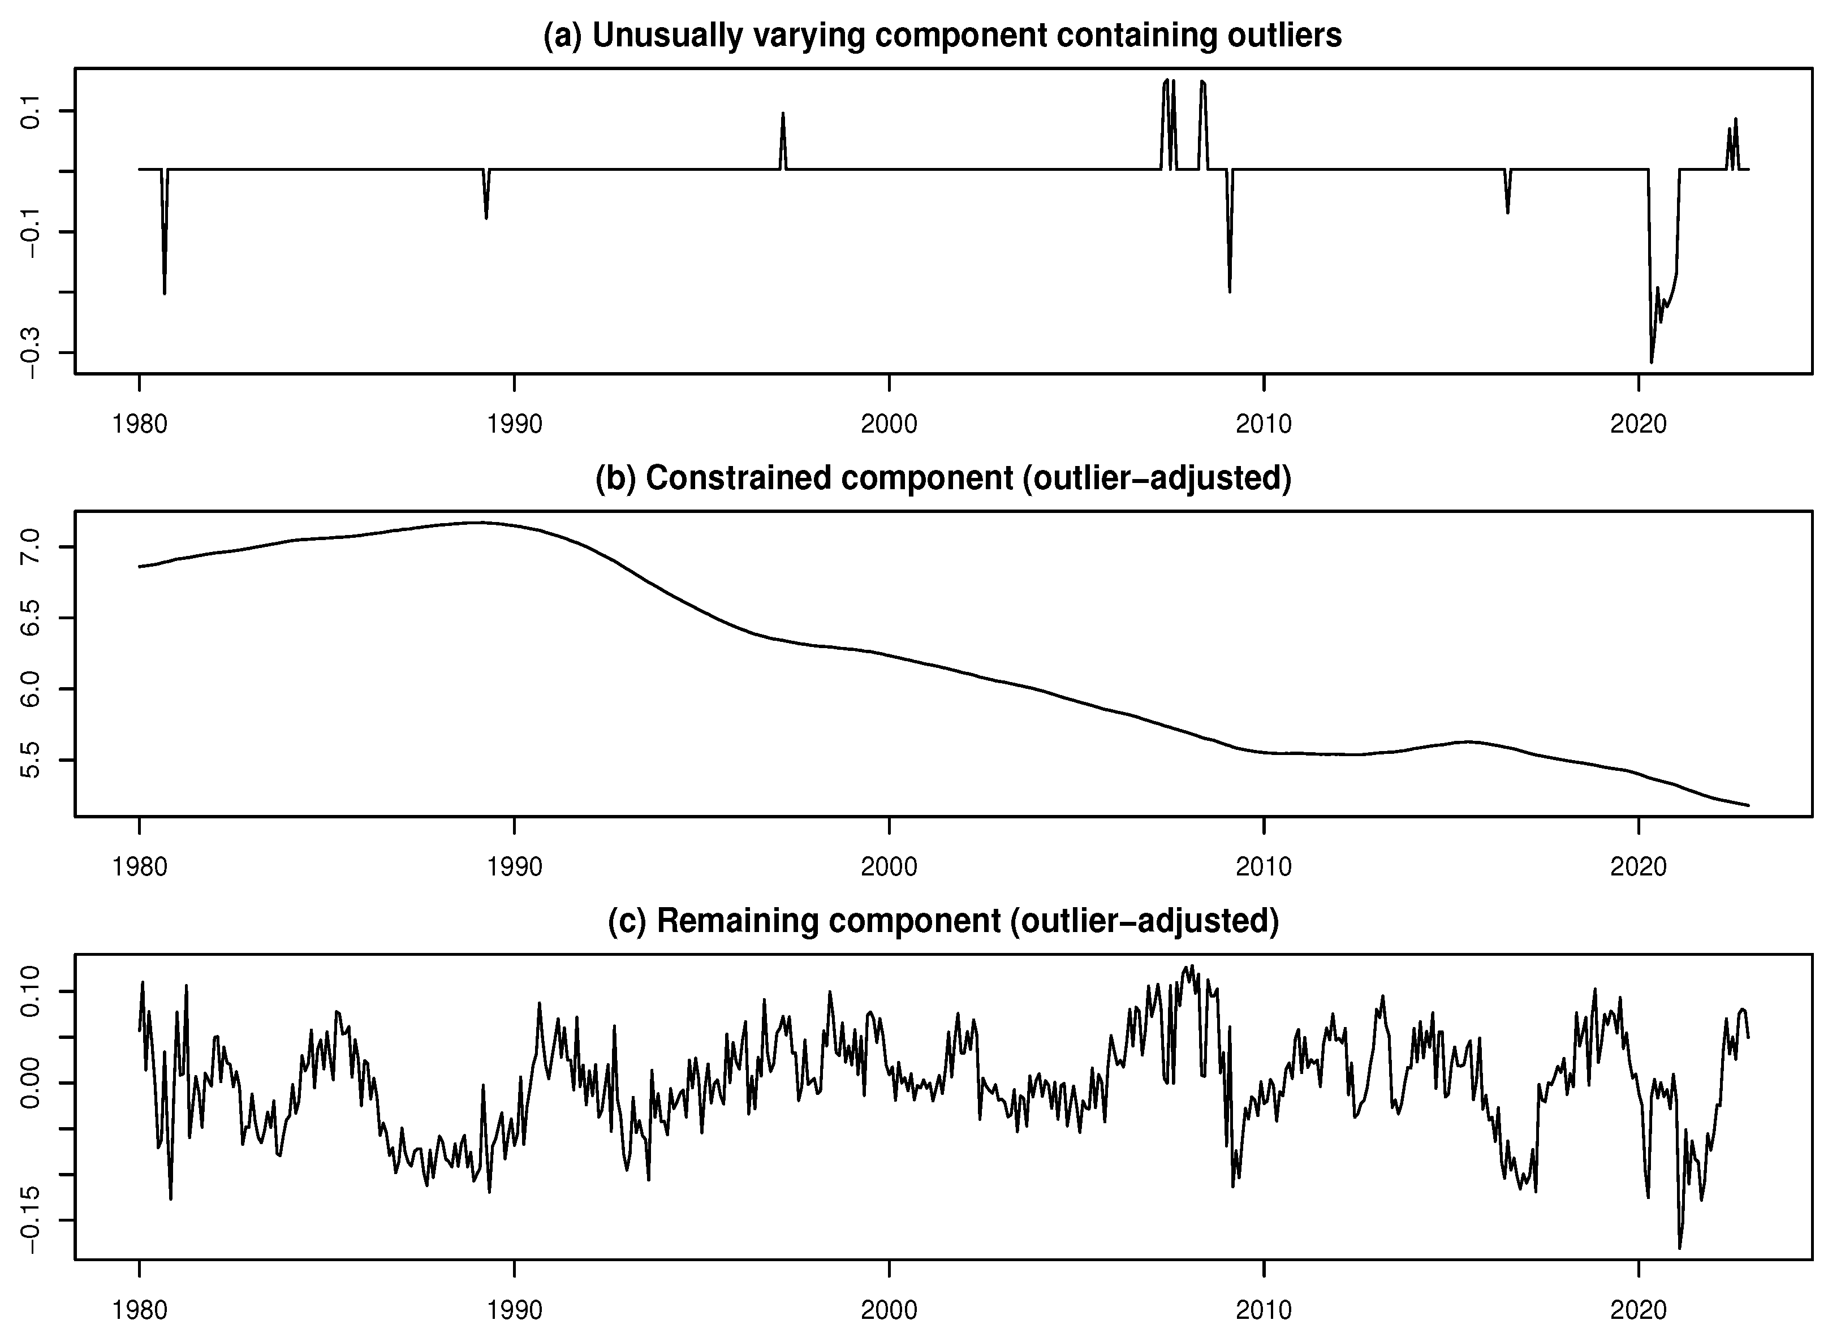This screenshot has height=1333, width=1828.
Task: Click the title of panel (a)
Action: [x=943, y=36]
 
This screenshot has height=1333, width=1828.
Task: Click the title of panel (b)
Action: [x=943, y=478]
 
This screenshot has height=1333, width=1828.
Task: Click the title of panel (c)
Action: [x=943, y=920]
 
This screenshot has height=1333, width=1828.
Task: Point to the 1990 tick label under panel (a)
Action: [x=514, y=424]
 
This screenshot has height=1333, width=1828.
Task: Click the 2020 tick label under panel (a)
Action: [x=1639, y=424]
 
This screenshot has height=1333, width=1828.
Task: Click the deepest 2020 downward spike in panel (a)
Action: [x=1652, y=361]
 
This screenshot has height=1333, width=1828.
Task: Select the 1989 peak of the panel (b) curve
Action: [x=481, y=523]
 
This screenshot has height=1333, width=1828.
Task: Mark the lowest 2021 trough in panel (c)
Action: [x=1679, y=1248]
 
